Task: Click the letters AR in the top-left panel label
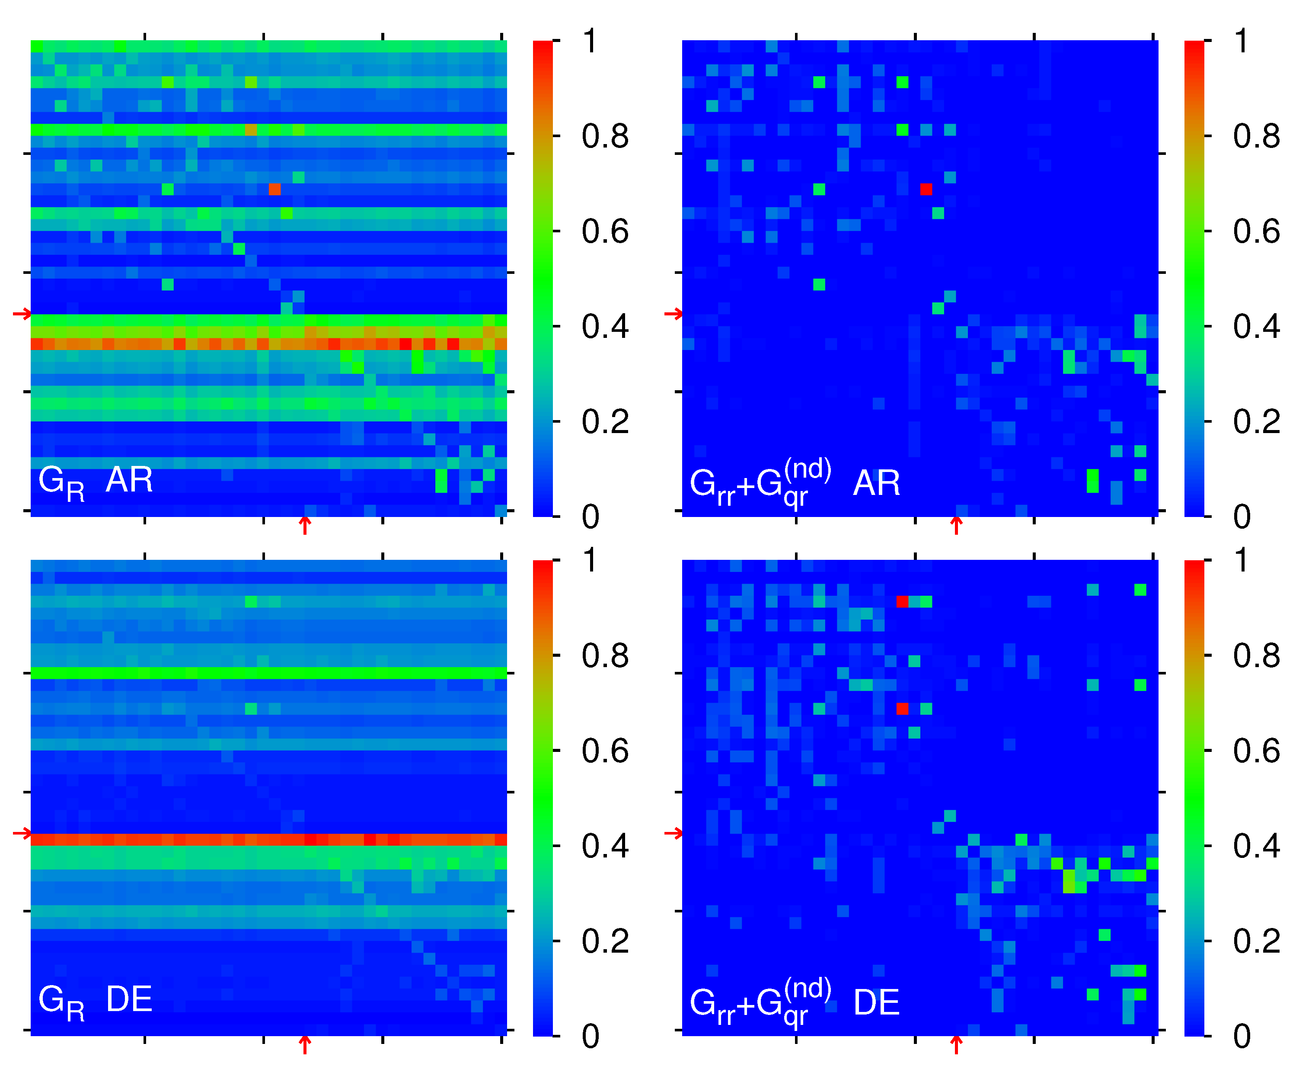point(129,480)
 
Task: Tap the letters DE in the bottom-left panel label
point(129,999)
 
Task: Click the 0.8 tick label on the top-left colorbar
point(605,136)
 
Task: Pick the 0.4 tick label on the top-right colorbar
point(1256,327)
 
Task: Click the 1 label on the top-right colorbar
point(1241,42)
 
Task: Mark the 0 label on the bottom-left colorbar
point(591,1037)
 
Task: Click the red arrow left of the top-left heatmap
point(22,314)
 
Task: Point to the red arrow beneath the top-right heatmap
point(956,525)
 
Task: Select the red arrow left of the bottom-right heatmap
point(673,833)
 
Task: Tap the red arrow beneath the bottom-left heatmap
point(304,1044)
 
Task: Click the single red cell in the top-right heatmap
point(926,189)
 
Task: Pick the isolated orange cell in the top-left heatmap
point(275,189)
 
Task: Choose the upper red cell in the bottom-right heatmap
point(902,601)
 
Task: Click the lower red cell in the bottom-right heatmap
point(902,709)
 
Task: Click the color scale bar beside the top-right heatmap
point(1194,278)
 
